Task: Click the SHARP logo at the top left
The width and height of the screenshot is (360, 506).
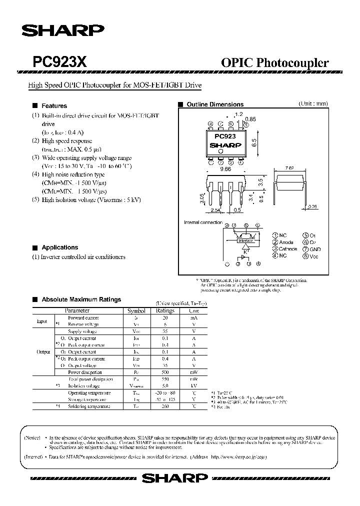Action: pyautogui.click(x=62, y=31)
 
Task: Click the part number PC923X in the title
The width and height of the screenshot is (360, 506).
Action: pyautogui.click(x=60, y=62)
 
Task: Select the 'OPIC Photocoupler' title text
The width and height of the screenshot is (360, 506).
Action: pyautogui.click(x=274, y=63)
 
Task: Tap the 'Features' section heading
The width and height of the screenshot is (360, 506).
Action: pyautogui.click(x=54, y=106)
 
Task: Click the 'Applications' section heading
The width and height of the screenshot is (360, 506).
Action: pyautogui.click(x=59, y=247)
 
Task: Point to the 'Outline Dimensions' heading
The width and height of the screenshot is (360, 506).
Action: pyautogui.click(x=215, y=104)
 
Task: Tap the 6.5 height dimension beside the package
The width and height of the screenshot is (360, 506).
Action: pyautogui.click(x=254, y=142)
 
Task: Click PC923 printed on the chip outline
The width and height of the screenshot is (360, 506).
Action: pyautogui.click(x=225, y=136)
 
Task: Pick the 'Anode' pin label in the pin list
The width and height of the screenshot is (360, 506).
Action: pyautogui.click(x=286, y=242)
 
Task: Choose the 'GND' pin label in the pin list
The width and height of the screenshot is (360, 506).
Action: pyautogui.click(x=315, y=249)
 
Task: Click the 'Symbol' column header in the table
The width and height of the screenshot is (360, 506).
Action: pyautogui.click(x=136, y=310)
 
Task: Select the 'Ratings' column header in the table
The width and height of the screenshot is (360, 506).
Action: pyautogui.click(x=165, y=310)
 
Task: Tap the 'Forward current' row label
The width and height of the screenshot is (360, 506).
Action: pyautogui.click(x=83, y=317)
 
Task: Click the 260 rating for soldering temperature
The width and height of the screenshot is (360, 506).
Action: pyautogui.click(x=165, y=406)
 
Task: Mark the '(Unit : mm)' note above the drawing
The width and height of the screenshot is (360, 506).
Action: pyautogui.click(x=313, y=103)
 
